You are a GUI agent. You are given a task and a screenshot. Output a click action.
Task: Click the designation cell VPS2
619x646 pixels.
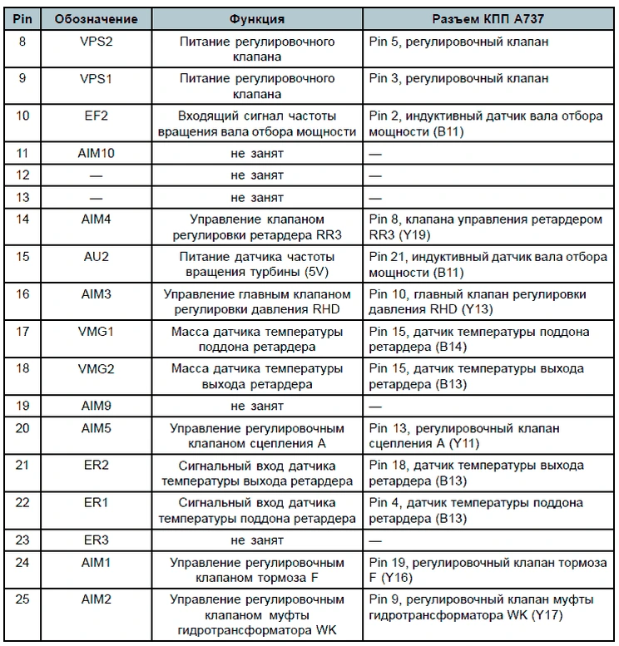pyautogui.click(x=96, y=41)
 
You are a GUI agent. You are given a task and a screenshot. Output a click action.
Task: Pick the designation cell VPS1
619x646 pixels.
pyautogui.click(x=96, y=78)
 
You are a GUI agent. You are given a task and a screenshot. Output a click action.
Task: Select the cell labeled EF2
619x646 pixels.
pyautogui.click(x=96, y=116)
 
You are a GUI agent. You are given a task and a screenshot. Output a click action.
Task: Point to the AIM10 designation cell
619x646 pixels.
pyautogui.click(x=96, y=154)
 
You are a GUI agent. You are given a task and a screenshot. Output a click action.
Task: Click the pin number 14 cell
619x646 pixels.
pyautogui.click(x=23, y=219)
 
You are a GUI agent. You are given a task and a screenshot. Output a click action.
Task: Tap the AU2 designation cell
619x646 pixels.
pyautogui.click(x=96, y=257)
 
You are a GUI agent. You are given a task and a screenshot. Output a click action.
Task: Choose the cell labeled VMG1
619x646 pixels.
pyautogui.click(x=96, y=332)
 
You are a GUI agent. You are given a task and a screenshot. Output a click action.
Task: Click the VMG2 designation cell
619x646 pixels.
pyautogui.click(x=96, y=369)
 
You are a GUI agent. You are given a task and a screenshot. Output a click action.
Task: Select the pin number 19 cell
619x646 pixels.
pyautogui.click(x=23, y=407)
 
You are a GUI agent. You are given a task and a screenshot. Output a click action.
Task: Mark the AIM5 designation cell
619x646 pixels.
pyautogui.click(x=96, y=428)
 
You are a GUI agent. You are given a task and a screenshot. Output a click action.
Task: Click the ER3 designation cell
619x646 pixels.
pyautogui.click(x=96, y=540)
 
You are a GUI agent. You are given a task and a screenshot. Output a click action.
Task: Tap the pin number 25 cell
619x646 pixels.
pyautogui.click(x=23, y=599)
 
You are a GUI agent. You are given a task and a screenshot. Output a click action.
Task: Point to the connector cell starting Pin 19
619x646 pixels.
pyautogui.click(x=488, y=570)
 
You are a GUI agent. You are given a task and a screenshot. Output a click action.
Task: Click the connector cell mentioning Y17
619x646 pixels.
pyautogui.click(x=488, y=607)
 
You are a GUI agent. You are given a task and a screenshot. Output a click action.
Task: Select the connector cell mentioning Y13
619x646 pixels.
pyautogui.click(x=488, y=302)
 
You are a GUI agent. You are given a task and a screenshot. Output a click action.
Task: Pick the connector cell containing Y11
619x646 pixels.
pyautogui.click(x=488, y=436)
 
